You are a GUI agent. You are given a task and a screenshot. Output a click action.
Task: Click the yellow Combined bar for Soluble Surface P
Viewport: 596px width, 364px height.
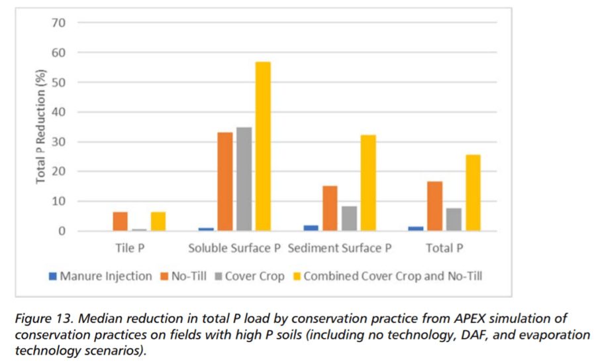pyautogui.click(x=263, y=147)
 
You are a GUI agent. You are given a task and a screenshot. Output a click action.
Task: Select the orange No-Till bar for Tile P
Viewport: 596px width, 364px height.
pyautogui.click(x=120, y=221)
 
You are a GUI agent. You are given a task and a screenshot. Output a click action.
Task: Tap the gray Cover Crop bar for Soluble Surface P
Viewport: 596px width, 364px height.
pyautogui.click(x=244, y=179)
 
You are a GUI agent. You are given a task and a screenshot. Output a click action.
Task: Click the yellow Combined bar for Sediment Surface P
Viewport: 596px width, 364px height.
pyautogui.click(x=368, y=183)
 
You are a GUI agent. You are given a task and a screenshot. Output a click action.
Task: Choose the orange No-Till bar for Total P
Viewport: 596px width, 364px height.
pyautogui.click(x=434, y=206)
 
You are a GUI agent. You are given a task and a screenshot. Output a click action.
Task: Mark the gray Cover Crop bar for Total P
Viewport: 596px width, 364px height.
pyautogui.click(x=453, y=219)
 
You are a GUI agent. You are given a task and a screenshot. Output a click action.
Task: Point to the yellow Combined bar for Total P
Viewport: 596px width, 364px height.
pyautogui.click(x=472, y=193)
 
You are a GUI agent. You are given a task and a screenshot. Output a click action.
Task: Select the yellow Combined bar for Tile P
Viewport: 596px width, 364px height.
pyautogui.click(x=158, y=221)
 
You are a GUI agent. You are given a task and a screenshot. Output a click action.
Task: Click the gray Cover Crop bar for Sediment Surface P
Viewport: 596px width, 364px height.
pyautogui.click(x=349, y=218)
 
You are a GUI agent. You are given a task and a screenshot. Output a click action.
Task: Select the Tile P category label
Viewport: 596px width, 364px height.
pyautogui.click(x=129, y=249)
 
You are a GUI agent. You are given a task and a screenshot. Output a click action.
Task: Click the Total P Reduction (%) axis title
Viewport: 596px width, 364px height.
pyautogui.click(x=41, y=127)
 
